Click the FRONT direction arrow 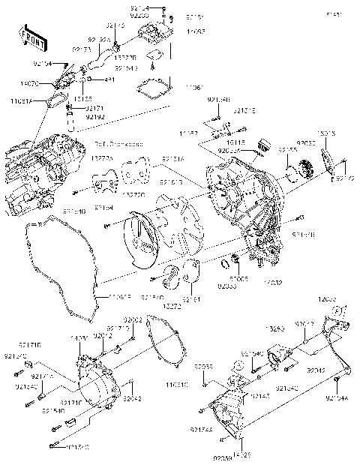(30, 38)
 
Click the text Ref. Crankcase (114, 141)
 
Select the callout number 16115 (236, 141)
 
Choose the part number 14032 (271, 283)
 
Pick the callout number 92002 (132, 320)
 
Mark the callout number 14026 (241, 454)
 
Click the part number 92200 (160, 14)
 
